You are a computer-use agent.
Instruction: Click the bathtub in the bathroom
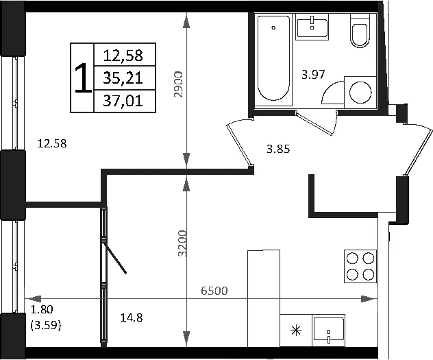point(275,58)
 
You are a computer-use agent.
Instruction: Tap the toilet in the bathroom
point(360,30)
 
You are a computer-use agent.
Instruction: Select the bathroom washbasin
point(312,27)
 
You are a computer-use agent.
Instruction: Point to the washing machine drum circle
point(360,93)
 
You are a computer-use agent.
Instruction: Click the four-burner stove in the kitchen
point(360,266)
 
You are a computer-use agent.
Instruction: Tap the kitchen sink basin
point(328,331)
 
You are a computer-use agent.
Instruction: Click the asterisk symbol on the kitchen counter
point(296,331)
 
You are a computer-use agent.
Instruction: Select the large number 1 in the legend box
point(83,77)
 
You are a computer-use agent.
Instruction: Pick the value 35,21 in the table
point(123,78)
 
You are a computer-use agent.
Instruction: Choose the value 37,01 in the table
point(123,101)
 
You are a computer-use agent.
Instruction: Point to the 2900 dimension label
point(178,84)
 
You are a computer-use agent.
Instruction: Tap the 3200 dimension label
point(182,243)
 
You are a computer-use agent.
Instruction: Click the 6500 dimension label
point(214,291)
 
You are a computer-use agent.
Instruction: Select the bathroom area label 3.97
point(313,74)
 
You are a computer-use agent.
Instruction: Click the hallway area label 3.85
point(278,149)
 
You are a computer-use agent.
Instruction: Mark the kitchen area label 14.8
point(132,317)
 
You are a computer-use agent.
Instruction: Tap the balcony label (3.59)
point(46,326)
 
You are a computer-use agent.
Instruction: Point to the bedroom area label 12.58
point(52,144)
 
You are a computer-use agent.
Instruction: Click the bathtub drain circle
point(273,27)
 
